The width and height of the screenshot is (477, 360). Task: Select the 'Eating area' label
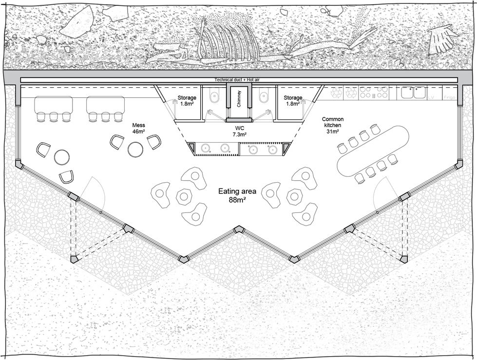(237, 191)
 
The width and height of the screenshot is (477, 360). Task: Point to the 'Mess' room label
(139, 125)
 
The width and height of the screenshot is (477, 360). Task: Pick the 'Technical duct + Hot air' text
(239, 80)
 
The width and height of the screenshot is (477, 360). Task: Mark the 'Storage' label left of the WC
(187, 98)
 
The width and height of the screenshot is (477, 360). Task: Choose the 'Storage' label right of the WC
(293, 98)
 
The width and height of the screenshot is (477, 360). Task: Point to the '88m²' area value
(237, 200)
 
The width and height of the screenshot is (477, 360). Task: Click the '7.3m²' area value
(239, 133)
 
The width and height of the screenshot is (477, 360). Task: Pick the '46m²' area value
(139, 132)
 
